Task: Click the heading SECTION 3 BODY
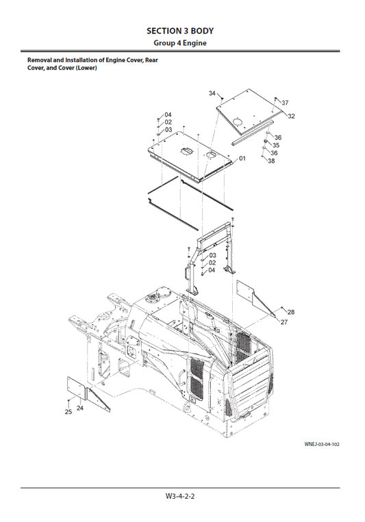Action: (x=181, y=31)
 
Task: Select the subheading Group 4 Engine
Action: (x=181, y=43)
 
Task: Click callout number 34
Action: (x=212, y=93)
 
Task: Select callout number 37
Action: (x=285, y=103)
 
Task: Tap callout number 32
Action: (x=291, y=116)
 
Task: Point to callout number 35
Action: (x=276, y=145)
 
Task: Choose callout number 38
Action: (x=271, y=161)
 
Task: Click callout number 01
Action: (x=242, y=158)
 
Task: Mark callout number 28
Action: (x=291, y=312)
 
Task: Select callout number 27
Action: (x=284, y=322)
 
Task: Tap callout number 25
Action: (x=68, y=412)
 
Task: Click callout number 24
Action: (x=79, y=408)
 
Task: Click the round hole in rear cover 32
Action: (x=237, y=121)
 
